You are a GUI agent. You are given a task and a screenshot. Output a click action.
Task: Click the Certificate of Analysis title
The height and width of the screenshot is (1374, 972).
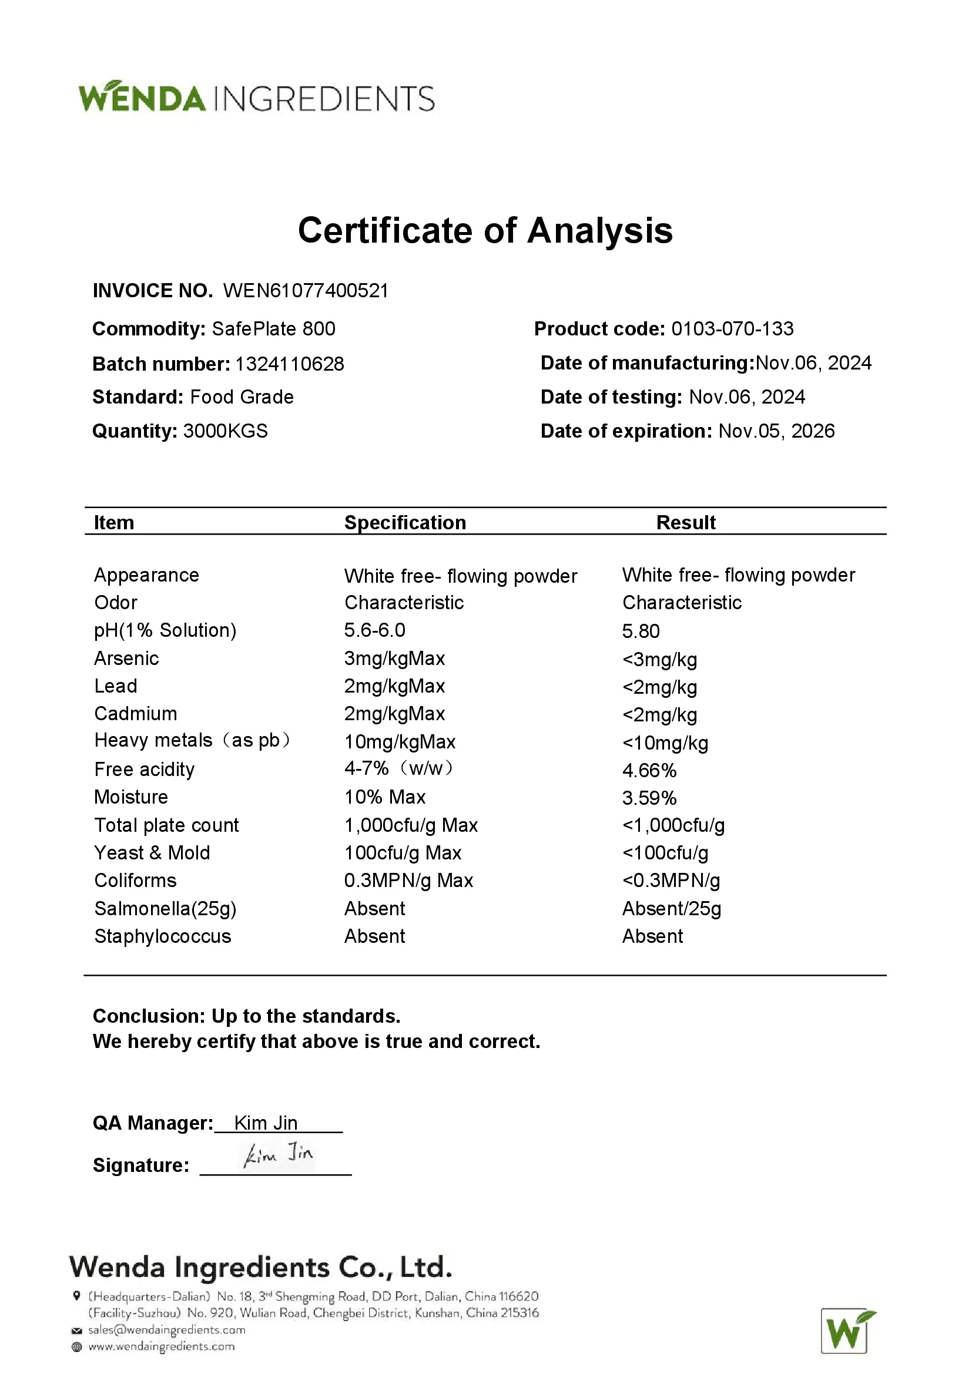[x=485, y=230]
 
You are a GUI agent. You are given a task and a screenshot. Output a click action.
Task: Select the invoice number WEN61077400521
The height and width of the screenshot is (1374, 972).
[x=306, y=291]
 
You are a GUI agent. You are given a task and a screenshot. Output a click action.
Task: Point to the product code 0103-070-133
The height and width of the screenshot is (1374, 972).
[x=732, y=328]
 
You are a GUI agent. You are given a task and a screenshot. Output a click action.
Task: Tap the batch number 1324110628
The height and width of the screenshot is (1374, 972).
[x=290, y=364]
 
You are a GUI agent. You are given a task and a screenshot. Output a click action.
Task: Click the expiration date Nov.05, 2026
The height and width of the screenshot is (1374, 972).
[x=776, y=431]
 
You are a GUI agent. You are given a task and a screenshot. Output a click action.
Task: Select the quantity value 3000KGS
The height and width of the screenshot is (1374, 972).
[x=225, y=431]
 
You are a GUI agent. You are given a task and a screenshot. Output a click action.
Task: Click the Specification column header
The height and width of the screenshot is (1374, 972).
[x=405, y=522]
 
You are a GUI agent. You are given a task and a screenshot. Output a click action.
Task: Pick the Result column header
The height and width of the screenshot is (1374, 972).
[x=686, y=522]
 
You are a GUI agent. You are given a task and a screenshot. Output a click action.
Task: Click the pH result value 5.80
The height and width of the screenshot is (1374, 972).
[x=641, y=631]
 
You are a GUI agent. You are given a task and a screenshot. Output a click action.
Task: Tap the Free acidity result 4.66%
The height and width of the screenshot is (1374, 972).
[x=649, y=770]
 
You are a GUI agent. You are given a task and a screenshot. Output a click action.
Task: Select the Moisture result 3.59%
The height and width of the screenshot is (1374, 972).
[x=649, y=798]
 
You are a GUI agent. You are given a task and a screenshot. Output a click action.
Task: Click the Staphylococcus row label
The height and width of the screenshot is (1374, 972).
[x=163, y=936]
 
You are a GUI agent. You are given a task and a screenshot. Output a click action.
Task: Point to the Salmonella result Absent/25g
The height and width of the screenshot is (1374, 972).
[x=672, y=908]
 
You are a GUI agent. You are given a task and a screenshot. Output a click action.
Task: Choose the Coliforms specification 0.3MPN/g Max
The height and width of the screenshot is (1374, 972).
[x=409, y=881]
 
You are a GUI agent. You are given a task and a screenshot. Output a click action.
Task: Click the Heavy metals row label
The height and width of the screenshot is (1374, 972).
[x=192, y=741]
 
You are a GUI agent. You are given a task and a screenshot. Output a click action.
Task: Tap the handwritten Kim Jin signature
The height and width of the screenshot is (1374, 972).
[x=279, y=1154]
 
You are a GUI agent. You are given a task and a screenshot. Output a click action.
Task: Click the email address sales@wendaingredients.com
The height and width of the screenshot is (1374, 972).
[x=166, y=1330]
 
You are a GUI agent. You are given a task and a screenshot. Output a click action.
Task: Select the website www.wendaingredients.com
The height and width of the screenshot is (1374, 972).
[x=162, y=1346]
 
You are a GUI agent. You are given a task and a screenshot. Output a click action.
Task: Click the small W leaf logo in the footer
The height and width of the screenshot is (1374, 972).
[x=847, y=1331]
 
